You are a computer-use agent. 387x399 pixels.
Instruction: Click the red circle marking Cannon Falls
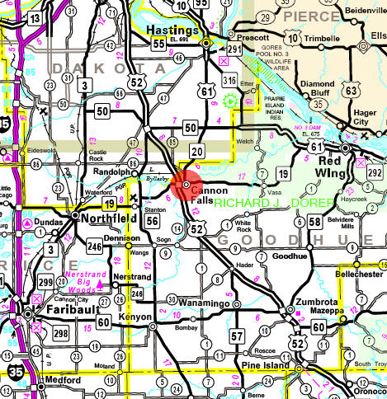tap(186, 183)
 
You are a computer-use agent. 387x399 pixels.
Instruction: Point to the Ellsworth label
tap(378, 37)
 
